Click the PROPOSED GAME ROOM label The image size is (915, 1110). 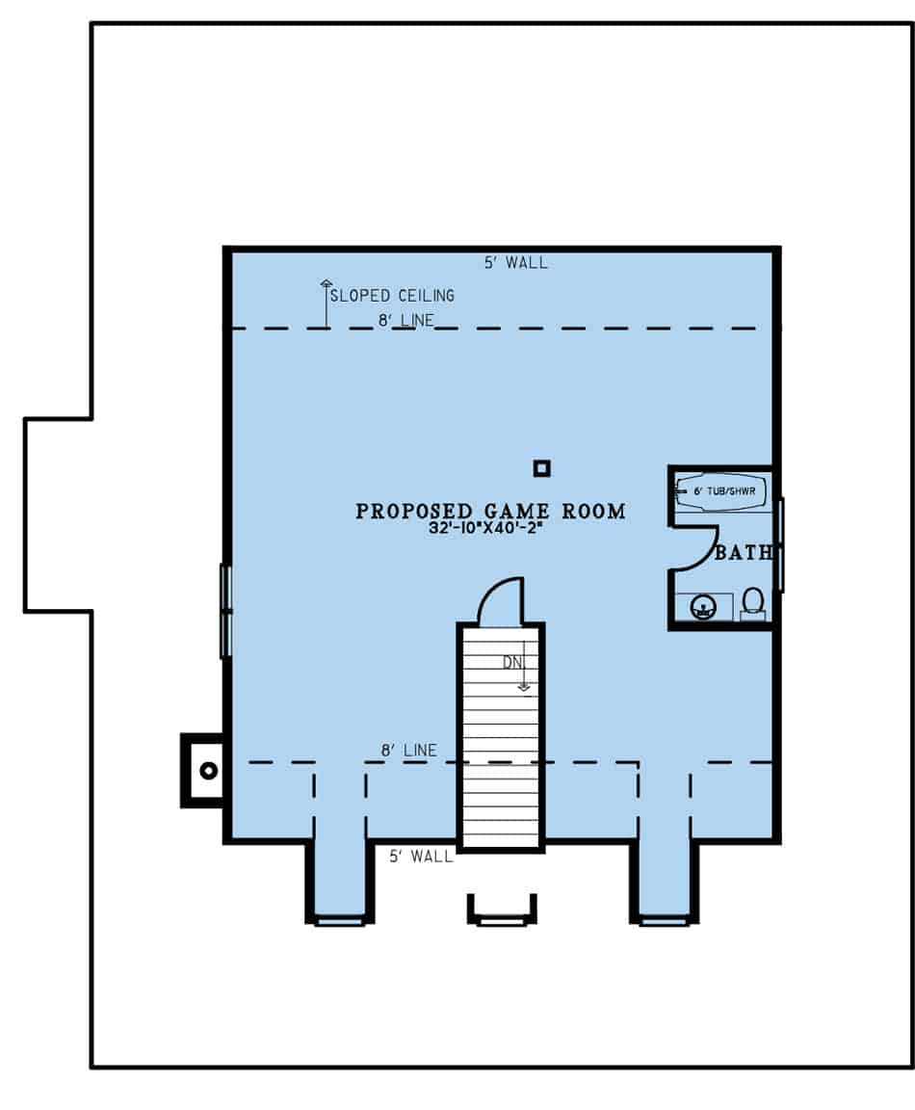point(490,512)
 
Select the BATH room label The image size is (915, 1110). point(744,554)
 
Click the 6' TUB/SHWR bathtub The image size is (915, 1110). point(721,490)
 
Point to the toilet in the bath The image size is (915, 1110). point(753,604)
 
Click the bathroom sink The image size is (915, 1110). point(704,607)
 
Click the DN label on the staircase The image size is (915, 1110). point(511,662)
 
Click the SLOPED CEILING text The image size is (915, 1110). point(392,296)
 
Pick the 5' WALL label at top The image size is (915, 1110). point(516,262)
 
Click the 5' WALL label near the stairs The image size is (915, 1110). point(421,856)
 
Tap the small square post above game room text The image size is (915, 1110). point(542,468)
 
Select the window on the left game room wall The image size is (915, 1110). point(225,611)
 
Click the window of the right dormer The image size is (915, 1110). point(665,921)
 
